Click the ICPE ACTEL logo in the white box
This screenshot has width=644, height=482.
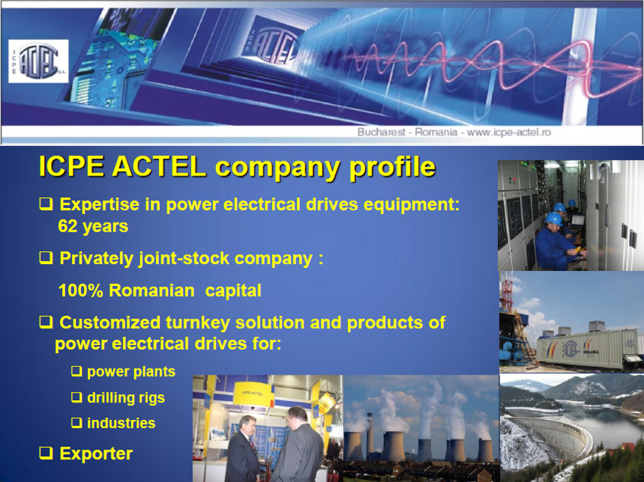point(38,61)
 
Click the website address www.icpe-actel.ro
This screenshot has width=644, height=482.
point(508,132)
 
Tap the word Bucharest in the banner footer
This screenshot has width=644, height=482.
point(381,132)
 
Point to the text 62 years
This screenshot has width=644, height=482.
point(93,226)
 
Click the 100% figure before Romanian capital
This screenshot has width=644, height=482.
point(80,291)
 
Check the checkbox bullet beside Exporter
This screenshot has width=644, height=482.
point(45,453)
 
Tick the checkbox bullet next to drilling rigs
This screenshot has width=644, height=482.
point(77,397)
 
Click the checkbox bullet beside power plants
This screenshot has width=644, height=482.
point(77,372)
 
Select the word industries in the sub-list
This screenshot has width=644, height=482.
point(121,423)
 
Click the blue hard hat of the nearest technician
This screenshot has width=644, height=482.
point(553,219)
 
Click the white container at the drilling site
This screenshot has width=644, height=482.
point(587,349)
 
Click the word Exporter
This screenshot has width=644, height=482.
point(96,454)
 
